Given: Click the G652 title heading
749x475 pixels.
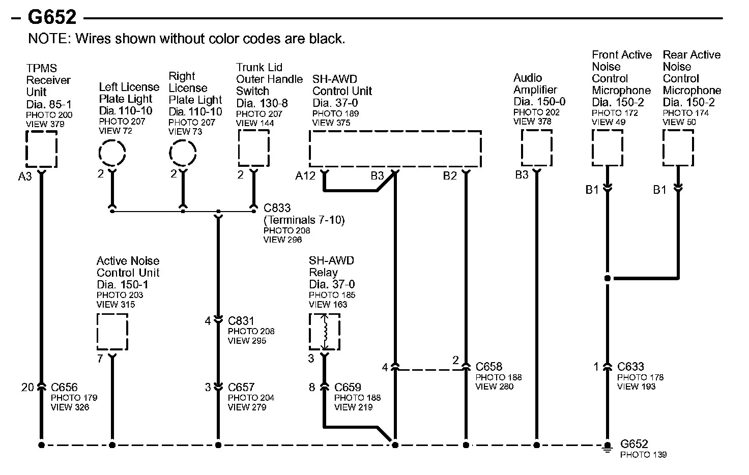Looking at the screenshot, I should pyautogui.click(x=52, y=17).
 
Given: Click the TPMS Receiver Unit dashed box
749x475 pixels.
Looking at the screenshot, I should pyautogui.click(x=41, y=149).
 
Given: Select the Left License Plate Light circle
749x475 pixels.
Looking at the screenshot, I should pyautogui.click(x=112, y=152).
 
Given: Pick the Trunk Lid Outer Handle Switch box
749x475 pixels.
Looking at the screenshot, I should pyautogui.click(x=253, y=148).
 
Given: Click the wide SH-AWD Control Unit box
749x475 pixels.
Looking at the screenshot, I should pyautogui.click(x=395, y=149).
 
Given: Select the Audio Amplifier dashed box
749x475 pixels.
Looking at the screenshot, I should pyautogui.click(x=536, y=148).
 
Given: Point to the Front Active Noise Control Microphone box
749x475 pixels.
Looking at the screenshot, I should pyautogui.click(x=607, y=148).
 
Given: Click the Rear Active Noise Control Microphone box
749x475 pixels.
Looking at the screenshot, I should pyautogui.click(x=678, y=148).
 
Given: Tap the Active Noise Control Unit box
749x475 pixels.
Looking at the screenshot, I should pyautogui.click(x=112, y=332).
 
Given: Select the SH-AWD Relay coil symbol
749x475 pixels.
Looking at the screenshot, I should pyautogui.click(x=325, y=332).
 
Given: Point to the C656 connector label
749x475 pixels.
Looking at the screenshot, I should pyautogui.click(x=64, y=388).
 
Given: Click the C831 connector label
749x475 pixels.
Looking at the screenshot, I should pyautogui.click(x=241, y=321).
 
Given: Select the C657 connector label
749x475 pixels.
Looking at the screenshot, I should pyautogui.click(x=241, y=388).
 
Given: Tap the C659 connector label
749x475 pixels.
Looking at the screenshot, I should pyautogui.click(x=348, y=388).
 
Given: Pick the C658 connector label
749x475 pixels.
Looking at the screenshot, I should pyautogui.click(x=488, y=367).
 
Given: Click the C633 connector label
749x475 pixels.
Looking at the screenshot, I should pyautogui.click(x=630, y=367).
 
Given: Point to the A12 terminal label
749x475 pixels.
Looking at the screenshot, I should pyautogui.click(x=305, y=176).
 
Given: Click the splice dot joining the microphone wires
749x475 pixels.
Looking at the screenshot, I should pyautogui.click(x=607, y=278).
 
